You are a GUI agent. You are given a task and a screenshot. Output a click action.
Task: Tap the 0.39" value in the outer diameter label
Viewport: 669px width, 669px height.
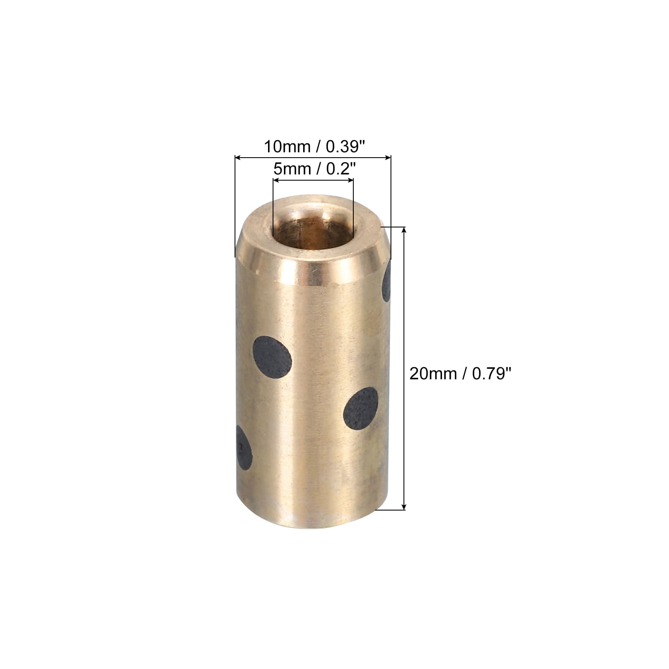pos(345,147)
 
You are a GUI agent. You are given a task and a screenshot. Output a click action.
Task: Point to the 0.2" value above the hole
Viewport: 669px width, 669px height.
pos(341,169)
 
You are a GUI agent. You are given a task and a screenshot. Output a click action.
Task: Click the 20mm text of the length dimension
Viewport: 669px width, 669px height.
pos(433,373)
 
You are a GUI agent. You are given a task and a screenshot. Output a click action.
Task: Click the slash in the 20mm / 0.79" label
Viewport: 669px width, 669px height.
pos(464,373)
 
